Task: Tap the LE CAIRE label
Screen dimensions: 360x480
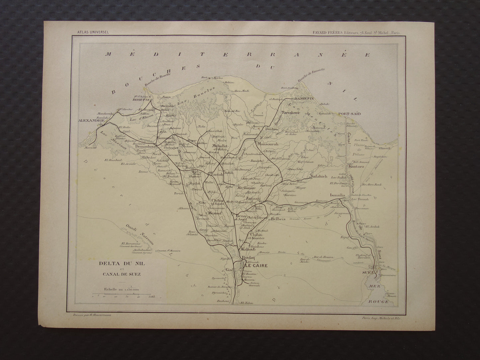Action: tap(256, 266)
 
